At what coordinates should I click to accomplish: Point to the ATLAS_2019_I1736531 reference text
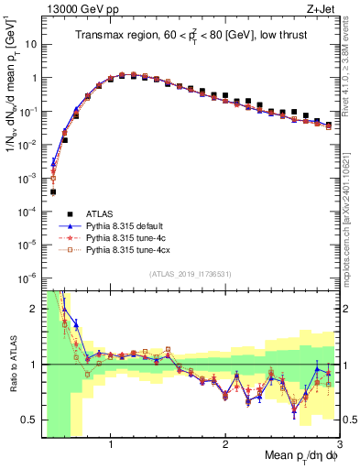[x=191, y=274]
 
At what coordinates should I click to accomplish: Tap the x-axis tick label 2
[x=225, y=443]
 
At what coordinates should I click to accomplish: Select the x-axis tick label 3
[x=339, y=443]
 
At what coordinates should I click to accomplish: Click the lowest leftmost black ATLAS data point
[x=53, y=192]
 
